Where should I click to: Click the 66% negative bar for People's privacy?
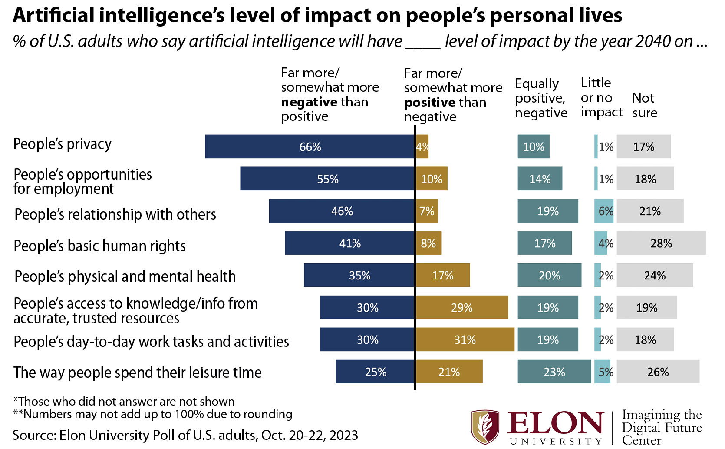tap(310, 146)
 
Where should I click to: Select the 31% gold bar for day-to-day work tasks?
tap(465, 339)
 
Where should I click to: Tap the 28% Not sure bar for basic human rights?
tap(661, 243)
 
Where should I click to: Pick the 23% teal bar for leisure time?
tap(554, 372)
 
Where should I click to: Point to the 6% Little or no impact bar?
tap(604, 211)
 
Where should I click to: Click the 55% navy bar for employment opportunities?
tap(327, 179)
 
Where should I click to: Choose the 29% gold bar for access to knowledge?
tap(462, 307)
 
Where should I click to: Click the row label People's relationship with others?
tap(115, 214)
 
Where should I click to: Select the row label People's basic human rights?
tap(99, 246)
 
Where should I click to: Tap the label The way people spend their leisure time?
tap(137, 373)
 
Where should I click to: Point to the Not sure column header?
tap(644, 105)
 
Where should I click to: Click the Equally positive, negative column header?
tap(540, 98)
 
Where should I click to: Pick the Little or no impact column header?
tap(601, 97)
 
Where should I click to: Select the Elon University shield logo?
tap(485, 427)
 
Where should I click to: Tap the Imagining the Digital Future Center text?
tap(661, 427)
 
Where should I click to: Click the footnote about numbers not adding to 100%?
tap(153, 414)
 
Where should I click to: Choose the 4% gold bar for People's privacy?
tap(422, 146)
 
